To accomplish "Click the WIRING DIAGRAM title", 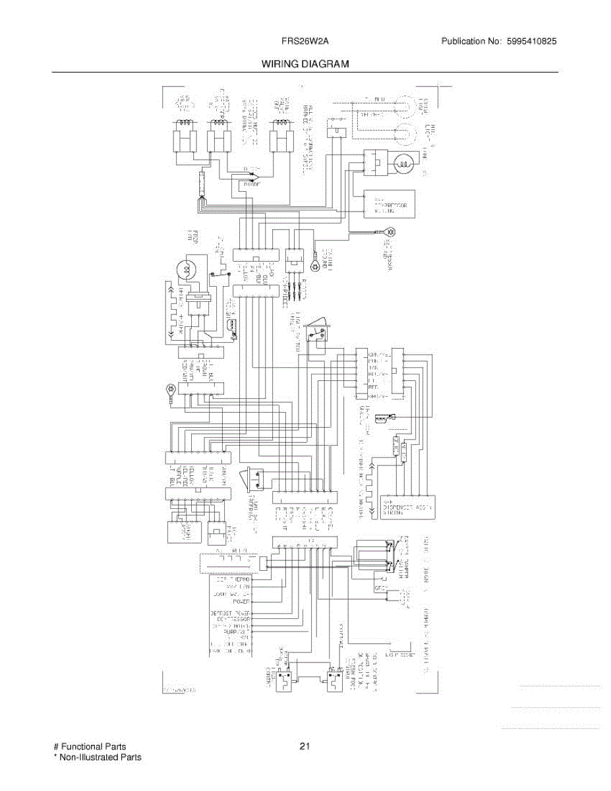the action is coord(305,64).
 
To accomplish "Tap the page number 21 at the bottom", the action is coord(305,746).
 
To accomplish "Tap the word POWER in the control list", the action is coord(240,602).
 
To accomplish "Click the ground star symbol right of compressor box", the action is coord(392,231).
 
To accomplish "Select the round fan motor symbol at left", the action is coord(187,268).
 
